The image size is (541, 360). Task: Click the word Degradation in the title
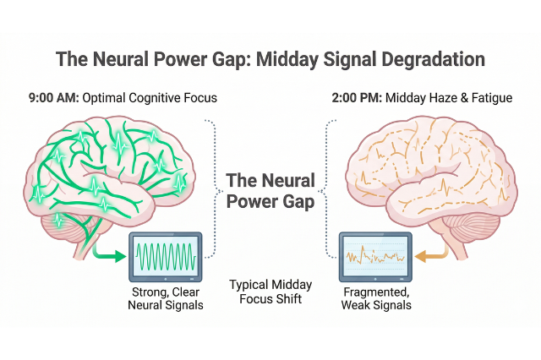433,60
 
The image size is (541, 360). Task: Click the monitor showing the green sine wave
166,257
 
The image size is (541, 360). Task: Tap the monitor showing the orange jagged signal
375,257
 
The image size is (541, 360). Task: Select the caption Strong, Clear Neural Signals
166,298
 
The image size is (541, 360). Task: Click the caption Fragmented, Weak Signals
377,298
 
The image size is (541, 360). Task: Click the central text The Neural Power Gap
270,191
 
